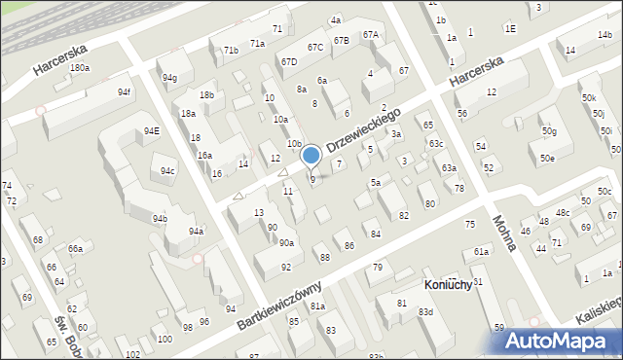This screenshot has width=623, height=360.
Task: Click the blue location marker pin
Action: (x=311, y=156)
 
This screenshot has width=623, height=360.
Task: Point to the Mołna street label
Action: (x=502, y=234)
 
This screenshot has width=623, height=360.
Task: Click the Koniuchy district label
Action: (x=449, y=284)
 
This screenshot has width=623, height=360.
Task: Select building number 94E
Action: (x=151, y=130)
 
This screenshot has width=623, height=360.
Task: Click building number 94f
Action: (x=125, y=91)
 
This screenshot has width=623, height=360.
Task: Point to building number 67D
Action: (x=289, y=62)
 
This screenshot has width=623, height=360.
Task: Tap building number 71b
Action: (x=231, y=50)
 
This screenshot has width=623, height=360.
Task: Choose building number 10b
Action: (x=293, y=143)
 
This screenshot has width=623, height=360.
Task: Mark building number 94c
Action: (x=168, y=170)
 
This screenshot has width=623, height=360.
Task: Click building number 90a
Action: (x=286, y=242)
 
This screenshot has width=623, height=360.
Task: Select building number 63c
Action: (x=436, y=144)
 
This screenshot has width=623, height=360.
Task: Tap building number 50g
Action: (x=550, y=130)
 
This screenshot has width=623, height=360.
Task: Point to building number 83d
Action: (x=425, y=311)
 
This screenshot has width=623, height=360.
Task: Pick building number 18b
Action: (x=206, y=94)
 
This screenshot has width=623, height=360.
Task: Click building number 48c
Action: (x=562, y=212)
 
